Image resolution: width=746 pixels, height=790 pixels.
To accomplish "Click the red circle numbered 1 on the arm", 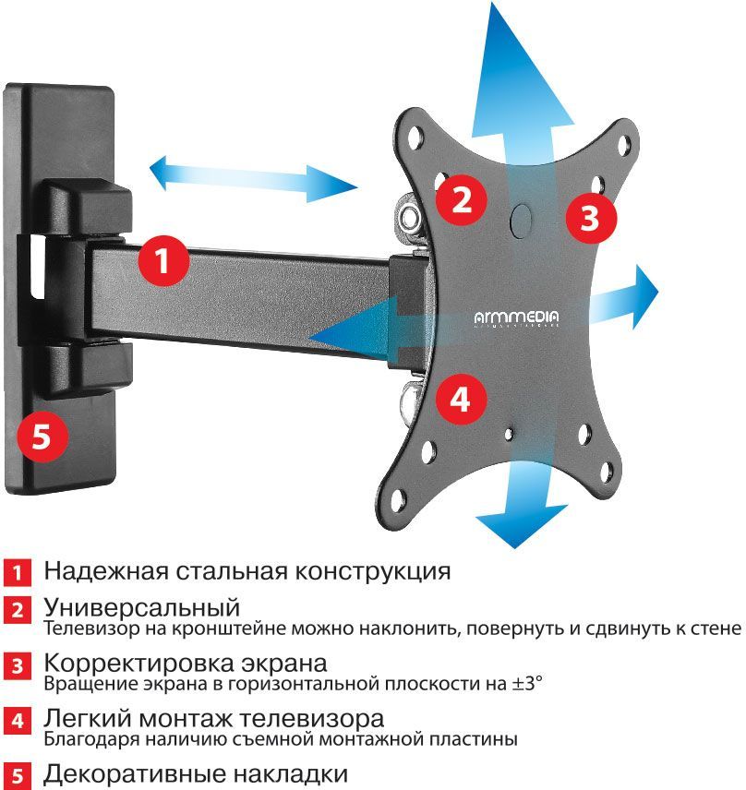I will [x=162, y=261].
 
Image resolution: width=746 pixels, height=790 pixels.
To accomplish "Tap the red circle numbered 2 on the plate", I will [x=462, y=197].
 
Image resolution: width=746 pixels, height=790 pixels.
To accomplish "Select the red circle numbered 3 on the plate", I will [x=590, y=219].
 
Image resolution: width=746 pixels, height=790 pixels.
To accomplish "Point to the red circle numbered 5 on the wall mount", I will [x=42, y=435].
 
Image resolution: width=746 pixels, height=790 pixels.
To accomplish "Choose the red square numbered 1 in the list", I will [x=16, y=572].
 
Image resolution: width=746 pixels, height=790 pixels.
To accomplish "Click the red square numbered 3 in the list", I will [x=16, y=667].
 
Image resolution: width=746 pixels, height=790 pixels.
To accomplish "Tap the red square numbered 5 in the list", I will [x=16, y=774].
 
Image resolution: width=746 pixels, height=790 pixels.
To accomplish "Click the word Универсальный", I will [x=142, y=609].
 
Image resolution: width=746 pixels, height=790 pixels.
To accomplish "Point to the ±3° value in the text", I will [x=526, y=684].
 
